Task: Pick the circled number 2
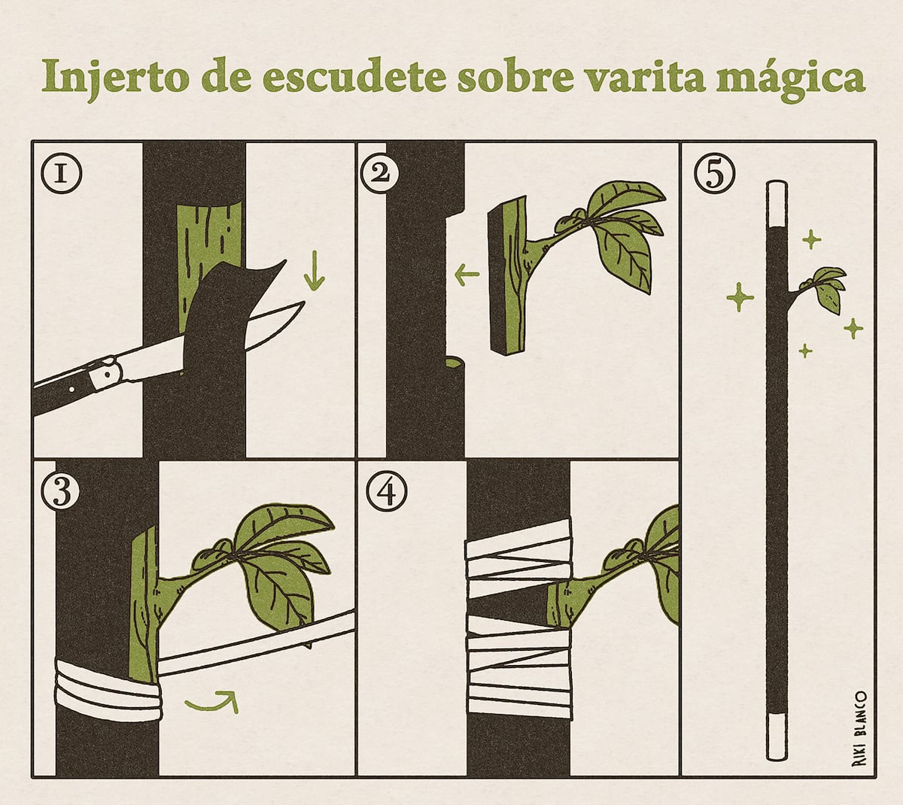(x=380, y=174)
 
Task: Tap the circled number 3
(x=61, y=491)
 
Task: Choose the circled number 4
(x=387, y=492)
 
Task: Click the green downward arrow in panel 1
(x=315, y=269)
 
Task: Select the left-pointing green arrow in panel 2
(x=467, y=273)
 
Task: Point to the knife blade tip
(x=304, y=302)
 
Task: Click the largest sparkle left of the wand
(x=740, y=297)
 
